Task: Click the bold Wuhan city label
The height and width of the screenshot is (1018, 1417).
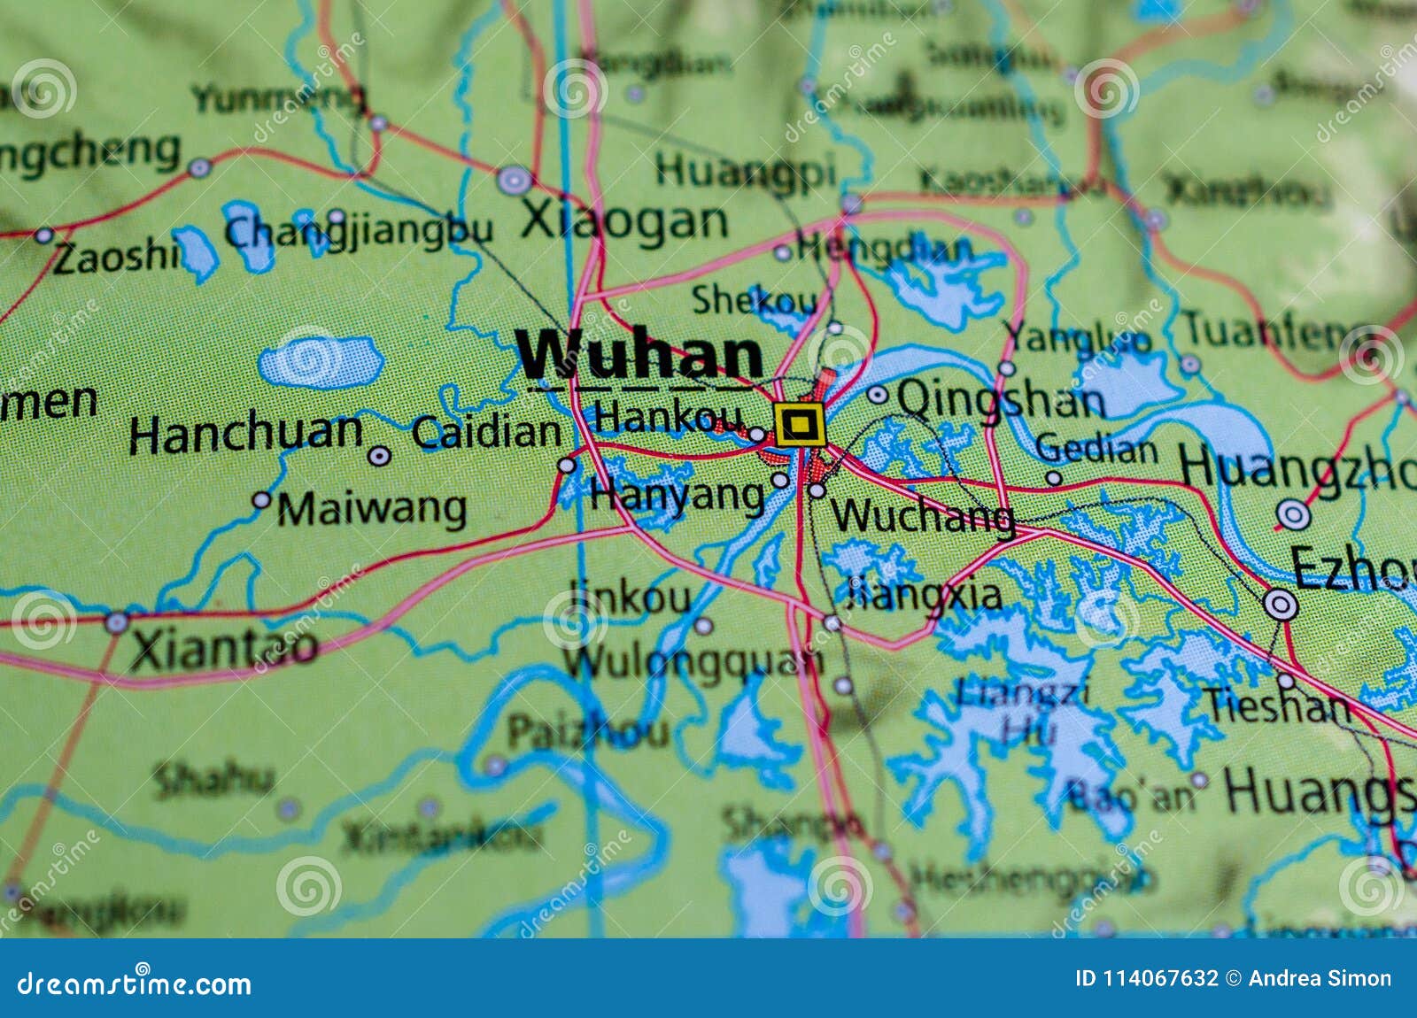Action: pos(639,355)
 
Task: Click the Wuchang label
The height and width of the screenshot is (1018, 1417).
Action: pos(922,515)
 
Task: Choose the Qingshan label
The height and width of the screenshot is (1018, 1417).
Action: pos(1001,400)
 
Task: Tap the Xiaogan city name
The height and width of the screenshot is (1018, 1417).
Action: pos(623,220)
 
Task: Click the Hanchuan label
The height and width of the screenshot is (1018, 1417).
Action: pos(245,434)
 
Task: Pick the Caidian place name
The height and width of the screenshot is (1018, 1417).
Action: pos(486,432)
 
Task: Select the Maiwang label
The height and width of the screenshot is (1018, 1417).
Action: pos(372,509)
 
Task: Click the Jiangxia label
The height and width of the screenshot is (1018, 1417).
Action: pos(925,594)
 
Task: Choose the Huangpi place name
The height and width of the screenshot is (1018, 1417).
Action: pos(745,170)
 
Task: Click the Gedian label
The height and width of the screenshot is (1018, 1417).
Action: pos(1096,449)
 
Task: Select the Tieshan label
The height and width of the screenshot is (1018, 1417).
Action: pos(1276,706)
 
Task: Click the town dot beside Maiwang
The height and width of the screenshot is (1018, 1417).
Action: pos(261,500)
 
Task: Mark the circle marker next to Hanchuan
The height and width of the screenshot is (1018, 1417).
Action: pos(379,456)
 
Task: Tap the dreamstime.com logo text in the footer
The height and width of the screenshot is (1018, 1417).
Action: pos(134,983)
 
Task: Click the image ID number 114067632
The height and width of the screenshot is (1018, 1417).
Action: pos(1159,978)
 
